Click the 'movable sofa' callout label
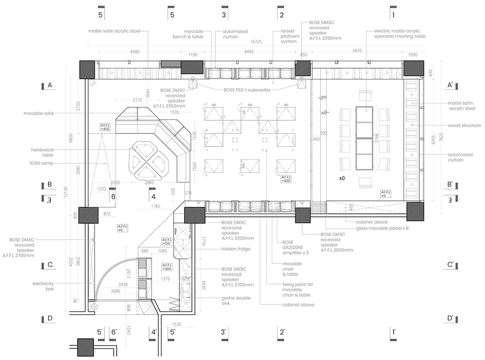pyautogui.click(x=39, y=114)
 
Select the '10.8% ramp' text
pyautogui.click(x=41, y=163)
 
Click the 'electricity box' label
pyautogui.click(x=43, y=286)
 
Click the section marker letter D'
pyautogui.click(x=450, y=319)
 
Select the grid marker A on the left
pyautogui.click(x=50, y=85)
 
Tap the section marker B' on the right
pyautogui.click(x=450, y=185)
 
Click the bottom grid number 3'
pyautogui.click(x=224, y=332)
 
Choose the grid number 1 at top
pyautogui.click(x=394, y=15)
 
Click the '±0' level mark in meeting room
pyautogui.click(x=342, y=178)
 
